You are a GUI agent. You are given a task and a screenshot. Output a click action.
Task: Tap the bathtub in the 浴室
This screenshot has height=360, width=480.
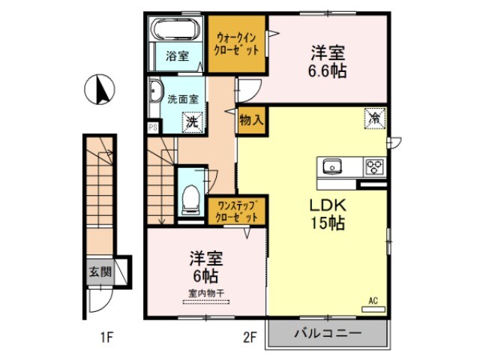pos(173,31)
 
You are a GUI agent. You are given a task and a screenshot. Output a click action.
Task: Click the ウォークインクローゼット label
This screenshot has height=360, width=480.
pos(236,43)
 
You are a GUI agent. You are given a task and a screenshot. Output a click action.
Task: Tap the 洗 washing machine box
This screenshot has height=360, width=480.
pos(193,120)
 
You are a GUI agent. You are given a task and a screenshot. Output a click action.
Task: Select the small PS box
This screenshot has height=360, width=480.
pos(153,127)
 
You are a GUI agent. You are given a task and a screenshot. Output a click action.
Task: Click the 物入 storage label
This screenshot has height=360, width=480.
pos(251,119)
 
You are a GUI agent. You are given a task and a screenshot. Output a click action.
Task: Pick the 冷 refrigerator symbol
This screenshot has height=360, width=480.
pos(373,117)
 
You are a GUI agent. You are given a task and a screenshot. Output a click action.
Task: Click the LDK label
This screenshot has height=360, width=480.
pos(328,204)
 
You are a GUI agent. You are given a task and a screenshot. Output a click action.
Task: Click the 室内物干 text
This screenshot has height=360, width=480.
pos(205,293)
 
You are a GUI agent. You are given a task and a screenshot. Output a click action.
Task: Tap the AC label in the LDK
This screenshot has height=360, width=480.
pos(373,301)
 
